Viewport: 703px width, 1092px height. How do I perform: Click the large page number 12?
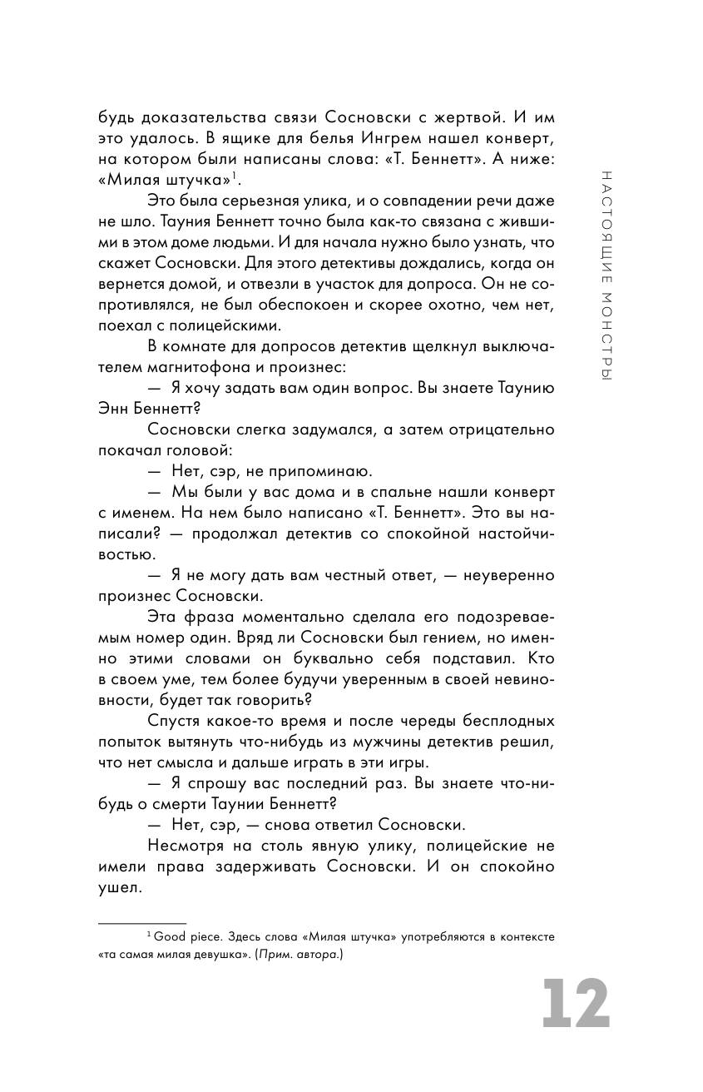tap(576, 1005)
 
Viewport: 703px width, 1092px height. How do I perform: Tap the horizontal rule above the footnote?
tap(141, 923)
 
